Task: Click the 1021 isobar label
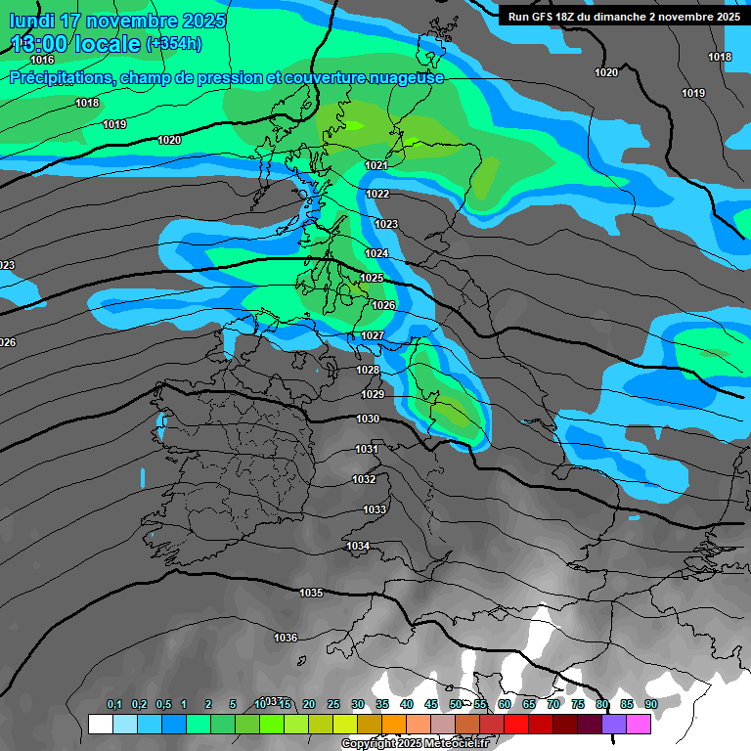(x=376, y=166)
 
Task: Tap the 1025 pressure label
(x=372, y=279)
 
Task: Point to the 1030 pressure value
(x=368, y=419)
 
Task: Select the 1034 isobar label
(x=358, y=546)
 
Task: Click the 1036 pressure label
(x=286, y=638)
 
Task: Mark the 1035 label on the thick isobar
(x=311, y=593)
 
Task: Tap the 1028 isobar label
(x=368, y=370)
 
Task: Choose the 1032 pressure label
(x=364, y=479)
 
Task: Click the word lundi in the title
(x=33, y=21)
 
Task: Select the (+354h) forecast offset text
(x=174, y=43)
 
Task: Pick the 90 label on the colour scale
(x=650, y=704)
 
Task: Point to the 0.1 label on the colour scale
(x=114, y=704)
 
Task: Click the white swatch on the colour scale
(x=100, y=725)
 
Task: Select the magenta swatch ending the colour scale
(x=639, y=725)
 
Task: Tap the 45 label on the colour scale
(x=431, y=704)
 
